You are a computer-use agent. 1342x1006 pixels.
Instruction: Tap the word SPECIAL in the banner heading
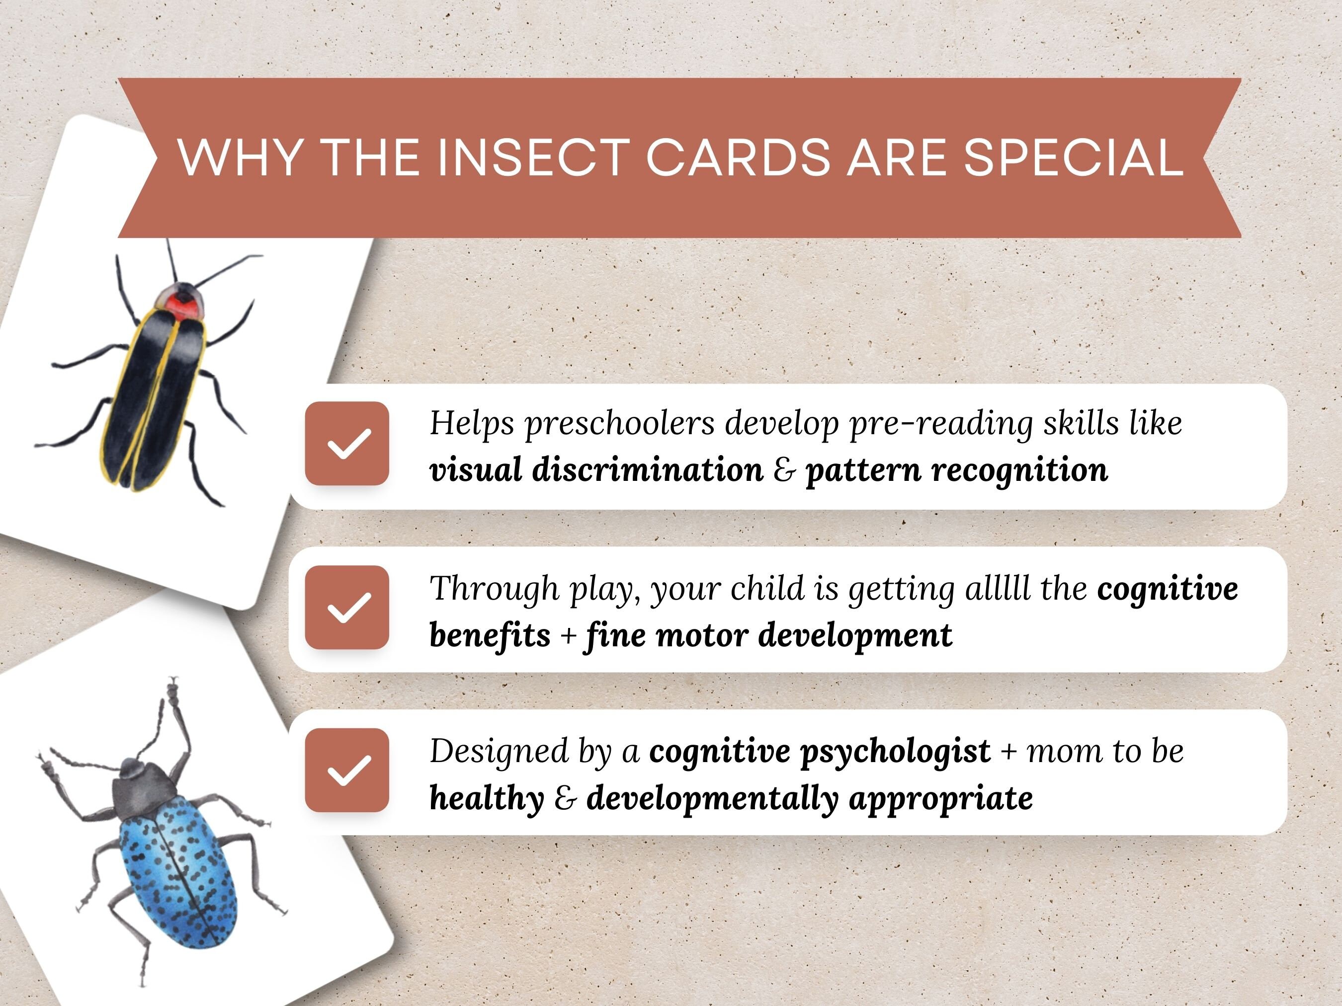1073,157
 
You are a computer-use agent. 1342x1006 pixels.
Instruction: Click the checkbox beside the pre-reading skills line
347,443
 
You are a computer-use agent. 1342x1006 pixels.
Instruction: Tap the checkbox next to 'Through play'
347,608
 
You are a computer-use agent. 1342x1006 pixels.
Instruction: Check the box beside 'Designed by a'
347,770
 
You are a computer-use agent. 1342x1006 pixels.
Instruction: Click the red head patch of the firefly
183,306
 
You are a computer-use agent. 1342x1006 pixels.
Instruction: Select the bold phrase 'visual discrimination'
596,470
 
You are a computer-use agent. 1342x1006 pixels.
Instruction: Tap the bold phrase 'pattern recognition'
956,470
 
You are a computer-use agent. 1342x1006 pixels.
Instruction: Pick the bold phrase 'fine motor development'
768,635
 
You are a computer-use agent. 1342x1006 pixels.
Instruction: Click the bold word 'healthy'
487,798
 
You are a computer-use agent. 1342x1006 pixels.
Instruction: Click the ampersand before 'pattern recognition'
784,470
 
